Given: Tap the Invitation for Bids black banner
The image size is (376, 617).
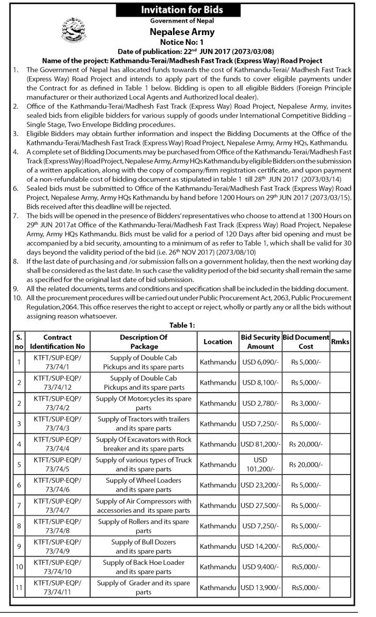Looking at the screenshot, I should tap(189, 10).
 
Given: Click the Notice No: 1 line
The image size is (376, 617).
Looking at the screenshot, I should tap(189, 41).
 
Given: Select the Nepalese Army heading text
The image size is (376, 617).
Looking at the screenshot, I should tap(189, 31).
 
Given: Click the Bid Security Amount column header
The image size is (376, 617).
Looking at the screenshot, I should tap(260, 342).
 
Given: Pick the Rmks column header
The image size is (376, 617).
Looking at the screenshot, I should tap(340, 342).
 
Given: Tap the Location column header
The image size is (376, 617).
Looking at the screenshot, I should tap(217, 342).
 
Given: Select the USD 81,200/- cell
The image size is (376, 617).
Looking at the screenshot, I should tap(260, 444).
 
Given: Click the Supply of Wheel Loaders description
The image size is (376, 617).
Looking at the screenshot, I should tap(144, 485).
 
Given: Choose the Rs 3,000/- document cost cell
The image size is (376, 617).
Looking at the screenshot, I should tap(306, 403).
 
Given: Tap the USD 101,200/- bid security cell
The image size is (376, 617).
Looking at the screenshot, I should tap(260, 464).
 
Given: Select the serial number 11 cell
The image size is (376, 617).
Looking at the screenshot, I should tap(19, 588).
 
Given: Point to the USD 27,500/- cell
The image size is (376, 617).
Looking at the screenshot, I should tap(260, 506).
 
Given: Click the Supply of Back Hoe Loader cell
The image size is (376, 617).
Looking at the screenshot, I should tap(144, 567).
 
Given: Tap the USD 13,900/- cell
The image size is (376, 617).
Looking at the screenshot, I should tap(260, 588).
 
